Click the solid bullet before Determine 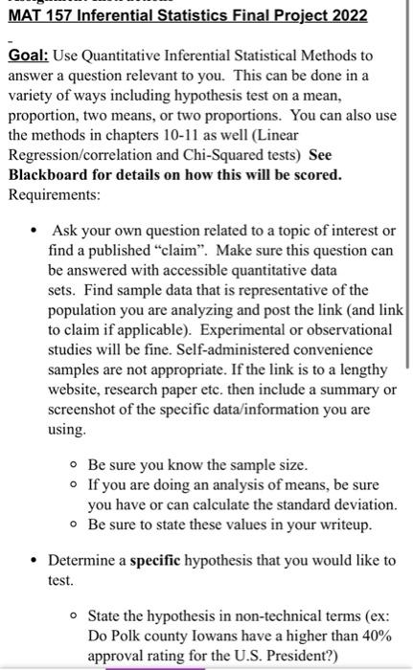click(x=33, y=561)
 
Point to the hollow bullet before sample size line click(x=73, y=465)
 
